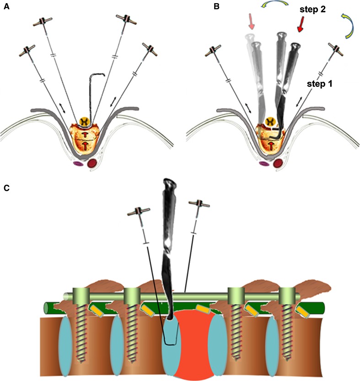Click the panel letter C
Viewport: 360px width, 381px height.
point(6,189)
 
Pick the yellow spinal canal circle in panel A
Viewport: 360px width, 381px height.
point(84,121)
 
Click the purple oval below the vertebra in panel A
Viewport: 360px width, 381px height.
point(78,162)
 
